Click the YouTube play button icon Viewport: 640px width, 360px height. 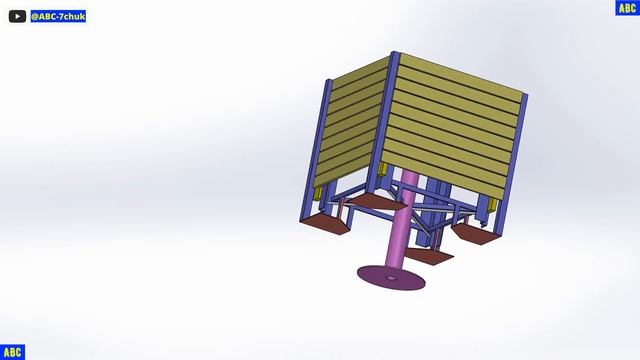(x=17, y=16)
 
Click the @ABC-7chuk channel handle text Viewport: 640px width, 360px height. (x=58, y=16)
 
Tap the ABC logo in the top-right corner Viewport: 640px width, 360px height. (x=627, y=8)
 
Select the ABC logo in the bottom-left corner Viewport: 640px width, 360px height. (x=12, y=352)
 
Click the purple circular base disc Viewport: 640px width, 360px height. (x=391, y=278)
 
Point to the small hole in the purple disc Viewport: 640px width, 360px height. (x=391, y=278)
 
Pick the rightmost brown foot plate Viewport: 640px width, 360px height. (x=477, y=233)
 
